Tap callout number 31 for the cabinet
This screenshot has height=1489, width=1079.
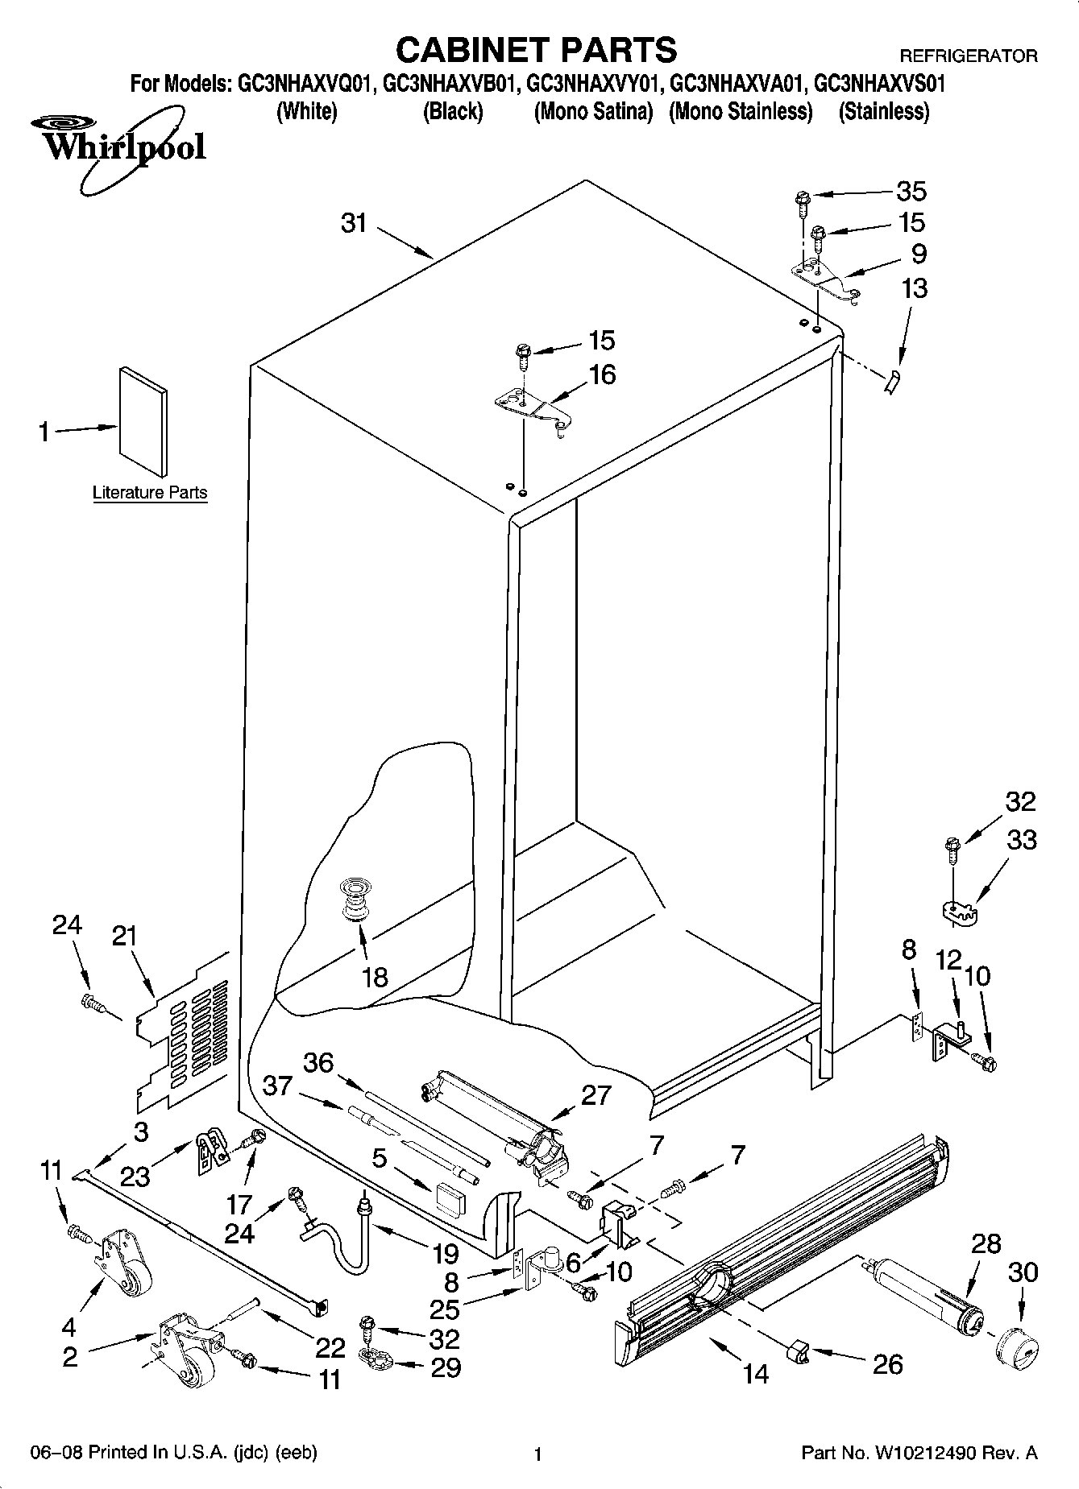(354, 223)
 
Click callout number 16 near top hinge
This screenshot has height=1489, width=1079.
(602, 374)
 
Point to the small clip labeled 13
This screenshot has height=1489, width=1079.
(892, 383)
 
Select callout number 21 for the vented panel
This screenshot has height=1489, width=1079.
(124, 937)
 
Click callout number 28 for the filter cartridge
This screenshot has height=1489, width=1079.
(985, 1243)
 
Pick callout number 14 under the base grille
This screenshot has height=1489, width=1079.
(756, 1373)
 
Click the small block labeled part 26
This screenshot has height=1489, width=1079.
(799, 1353)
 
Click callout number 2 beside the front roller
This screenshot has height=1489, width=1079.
(70, 1356)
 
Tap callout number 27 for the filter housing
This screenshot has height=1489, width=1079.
(596, 1095)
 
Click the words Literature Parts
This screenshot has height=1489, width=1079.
(150, 492)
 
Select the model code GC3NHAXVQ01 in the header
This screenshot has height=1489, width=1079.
(305, 84)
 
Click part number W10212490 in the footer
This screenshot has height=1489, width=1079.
(928, 1454)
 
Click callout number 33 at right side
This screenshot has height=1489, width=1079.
(1022, 840)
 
